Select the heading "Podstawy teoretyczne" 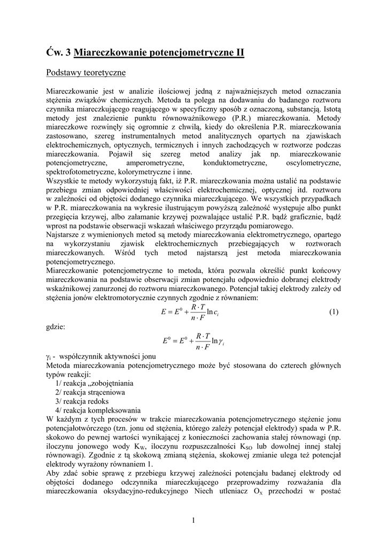tap(86, 71)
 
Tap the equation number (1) tap(334, 312)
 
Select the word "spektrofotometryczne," tap(80, 171)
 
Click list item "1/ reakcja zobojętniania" tap(94, 383)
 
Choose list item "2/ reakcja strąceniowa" tap(90, 392)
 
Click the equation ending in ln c tap(190, 312)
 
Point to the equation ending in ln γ tap(190, 340)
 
